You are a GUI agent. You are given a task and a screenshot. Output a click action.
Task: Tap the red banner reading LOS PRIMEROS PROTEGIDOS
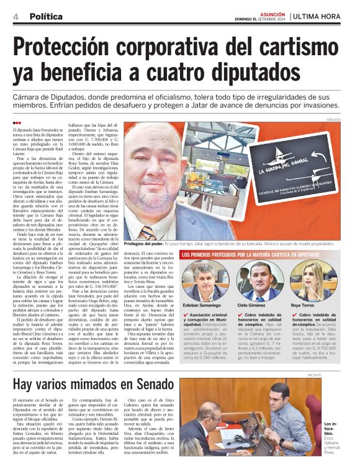click(261, 254)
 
